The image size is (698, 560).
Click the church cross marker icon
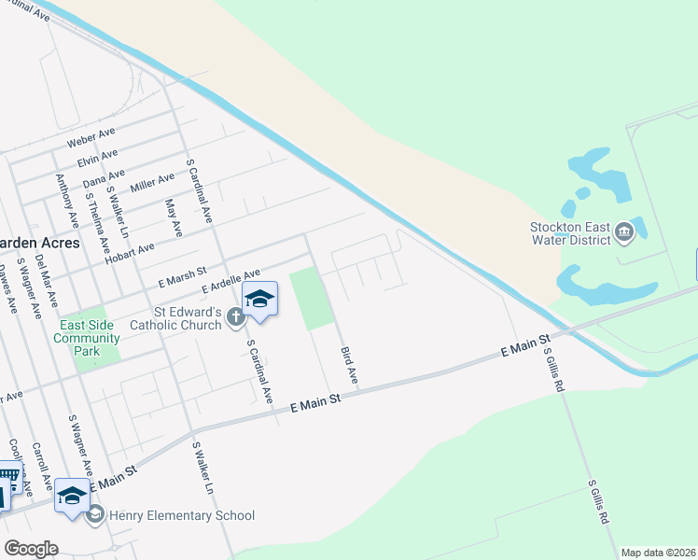point(234,317)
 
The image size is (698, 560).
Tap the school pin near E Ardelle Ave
point(259,300)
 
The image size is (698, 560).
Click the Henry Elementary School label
point(182,515)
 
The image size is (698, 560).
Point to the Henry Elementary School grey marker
point(95,514)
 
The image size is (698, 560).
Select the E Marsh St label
point(181,277)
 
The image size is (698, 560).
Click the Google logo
point(31,549)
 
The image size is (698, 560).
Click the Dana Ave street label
point(104,175)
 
